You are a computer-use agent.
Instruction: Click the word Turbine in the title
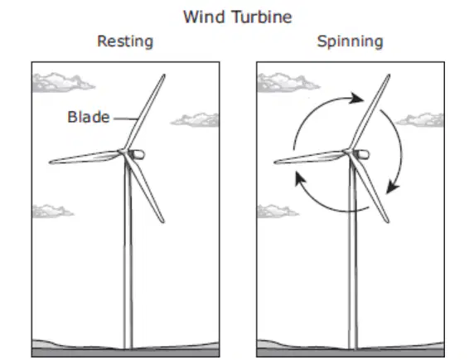click(x=263, y=17)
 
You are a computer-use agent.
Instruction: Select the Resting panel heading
click(x=125, y=41)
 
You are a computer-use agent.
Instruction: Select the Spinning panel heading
click(x=350, y=41)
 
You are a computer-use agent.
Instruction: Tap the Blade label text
click(x=89, y=117)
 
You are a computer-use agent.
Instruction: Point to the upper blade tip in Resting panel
click(x=164, y=75)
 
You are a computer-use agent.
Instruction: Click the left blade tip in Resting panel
click(x=51, y=163)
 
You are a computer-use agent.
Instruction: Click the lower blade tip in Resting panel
click(x=163, y=221)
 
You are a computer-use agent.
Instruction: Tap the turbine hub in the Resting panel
click(x=123, y=151)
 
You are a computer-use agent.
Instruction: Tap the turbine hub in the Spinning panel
click(x=347, y=151)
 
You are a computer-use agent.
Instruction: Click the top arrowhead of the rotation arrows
click(x=356, y=99)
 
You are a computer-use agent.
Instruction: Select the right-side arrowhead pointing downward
click(x=393, y=187)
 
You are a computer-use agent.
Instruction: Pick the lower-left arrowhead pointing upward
click(x=300, y=178)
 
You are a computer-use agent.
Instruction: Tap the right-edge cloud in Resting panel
click(x=196, y=120)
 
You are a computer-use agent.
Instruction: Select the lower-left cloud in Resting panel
click(x=52, y=211)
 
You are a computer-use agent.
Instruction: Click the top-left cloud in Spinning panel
click(x=288, y=83)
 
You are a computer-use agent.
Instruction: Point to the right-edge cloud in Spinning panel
click(x=421, y=120)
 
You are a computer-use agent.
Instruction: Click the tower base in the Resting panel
click(x=128, y=348)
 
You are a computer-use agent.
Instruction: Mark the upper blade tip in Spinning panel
click(x=389, y=75)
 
